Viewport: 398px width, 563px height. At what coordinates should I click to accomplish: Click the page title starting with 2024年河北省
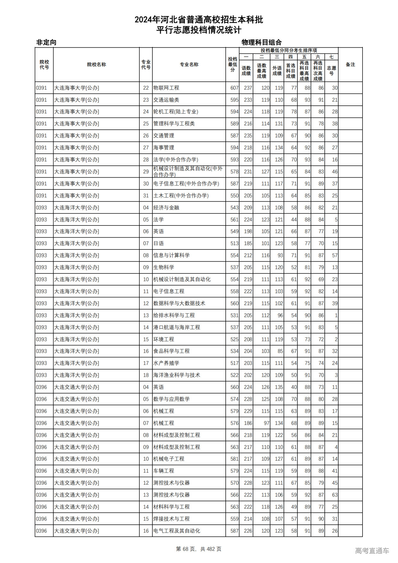click(199, 20)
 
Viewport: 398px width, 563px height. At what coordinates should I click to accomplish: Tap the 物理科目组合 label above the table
click(261, 42)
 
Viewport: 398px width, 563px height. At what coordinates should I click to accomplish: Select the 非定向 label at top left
click(46, 42)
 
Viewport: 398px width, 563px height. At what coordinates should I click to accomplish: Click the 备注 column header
click(350, 65)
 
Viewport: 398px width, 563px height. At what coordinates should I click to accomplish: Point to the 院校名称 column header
click(96, 65)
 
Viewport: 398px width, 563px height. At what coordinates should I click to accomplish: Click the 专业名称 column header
click(189, 65)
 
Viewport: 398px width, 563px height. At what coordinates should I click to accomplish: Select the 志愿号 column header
click(331, 71)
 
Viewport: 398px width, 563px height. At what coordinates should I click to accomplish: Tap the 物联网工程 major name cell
click(166, 88)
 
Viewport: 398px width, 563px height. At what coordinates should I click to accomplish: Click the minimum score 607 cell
click(234, 88)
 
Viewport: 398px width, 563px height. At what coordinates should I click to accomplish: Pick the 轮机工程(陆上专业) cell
click(176, 112)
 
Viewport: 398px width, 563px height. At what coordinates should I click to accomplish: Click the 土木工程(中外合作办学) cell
click(181, 196)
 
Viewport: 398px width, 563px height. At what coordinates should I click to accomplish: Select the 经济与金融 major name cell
click(166, 208)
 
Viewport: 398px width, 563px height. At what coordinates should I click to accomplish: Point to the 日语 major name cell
click(159, 244)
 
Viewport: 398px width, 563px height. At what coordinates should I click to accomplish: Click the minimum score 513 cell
click(234, 244)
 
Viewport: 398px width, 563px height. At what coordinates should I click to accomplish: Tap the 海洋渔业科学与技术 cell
click(177, 375)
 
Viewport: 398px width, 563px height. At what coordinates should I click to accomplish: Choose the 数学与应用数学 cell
click(171, 399)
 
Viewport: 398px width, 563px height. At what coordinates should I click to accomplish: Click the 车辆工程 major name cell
click(164, 471)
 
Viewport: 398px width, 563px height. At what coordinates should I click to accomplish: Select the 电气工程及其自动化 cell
click(177, 531)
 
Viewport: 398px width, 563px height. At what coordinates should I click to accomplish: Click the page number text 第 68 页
click(186, 549)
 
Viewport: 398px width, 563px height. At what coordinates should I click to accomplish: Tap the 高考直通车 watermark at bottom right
click(372, 551)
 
